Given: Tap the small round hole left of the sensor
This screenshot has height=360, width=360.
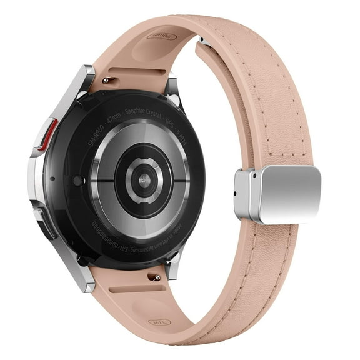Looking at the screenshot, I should [x=78, y=181].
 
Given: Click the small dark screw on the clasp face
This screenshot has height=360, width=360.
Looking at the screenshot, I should [x=254, y=178].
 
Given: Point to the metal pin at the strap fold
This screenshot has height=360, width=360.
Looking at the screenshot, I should [x=199, y=41].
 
